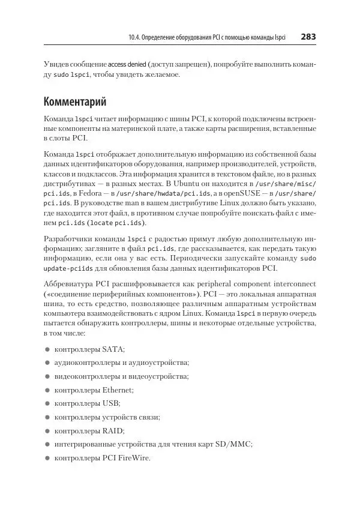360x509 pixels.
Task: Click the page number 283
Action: pos(308,37)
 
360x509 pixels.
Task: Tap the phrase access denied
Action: pos(130,64)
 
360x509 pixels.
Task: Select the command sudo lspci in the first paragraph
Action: pos(71,76)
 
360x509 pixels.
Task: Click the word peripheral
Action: pos(226,284)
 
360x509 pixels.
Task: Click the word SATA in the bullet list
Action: pos(112,349)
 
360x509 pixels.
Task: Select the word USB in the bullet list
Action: pos(111,403)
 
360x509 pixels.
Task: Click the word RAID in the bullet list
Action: pos(113,430)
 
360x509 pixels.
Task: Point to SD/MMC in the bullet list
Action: pos(232,444)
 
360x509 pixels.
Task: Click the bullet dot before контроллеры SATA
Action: pos(47,349)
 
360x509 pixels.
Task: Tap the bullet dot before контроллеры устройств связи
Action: pos(47,417)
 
